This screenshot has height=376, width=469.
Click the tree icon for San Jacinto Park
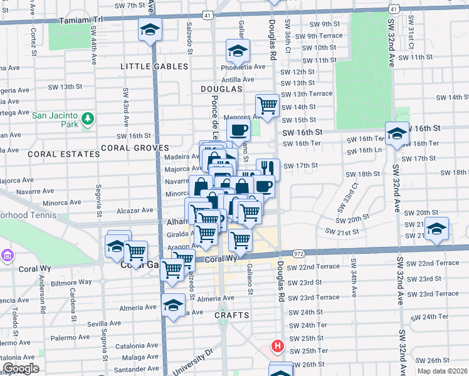(x=88, y=118)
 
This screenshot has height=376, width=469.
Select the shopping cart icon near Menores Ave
(x=267, y=105)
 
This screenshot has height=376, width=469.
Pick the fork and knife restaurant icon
(x=268, y=168)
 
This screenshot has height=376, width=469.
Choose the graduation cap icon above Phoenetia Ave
(x=238, y=50)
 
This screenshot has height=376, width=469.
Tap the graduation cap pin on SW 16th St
(x=396, y=133)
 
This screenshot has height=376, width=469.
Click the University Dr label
(x=193, y=362)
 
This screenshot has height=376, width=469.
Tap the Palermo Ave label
(x=71, y=337)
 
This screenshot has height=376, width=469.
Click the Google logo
(x=21, y=369)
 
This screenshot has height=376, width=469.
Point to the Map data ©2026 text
(x=443, y=371)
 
